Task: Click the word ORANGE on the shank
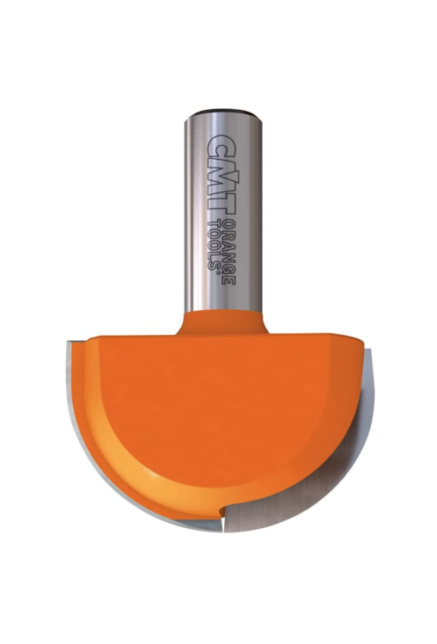click(x=228, y=252)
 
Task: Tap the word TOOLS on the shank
click(x=214, y=242)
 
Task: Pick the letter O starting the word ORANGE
click(x=228, y=225)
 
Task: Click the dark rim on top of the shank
click(x=222, y=112)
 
